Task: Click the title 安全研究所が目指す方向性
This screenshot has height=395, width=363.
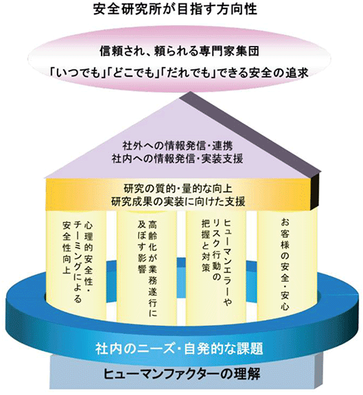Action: click(175, 9)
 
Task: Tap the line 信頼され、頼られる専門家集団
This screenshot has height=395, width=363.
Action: click(179, 51)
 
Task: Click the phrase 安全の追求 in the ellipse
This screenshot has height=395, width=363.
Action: click(279, 73)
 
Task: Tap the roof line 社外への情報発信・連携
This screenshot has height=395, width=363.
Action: click(178, 145)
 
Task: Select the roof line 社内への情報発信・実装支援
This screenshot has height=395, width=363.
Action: click(178, 158)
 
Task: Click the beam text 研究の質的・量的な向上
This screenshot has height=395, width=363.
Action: click(178, 189)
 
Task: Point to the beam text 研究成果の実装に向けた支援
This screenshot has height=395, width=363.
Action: click(178, 202)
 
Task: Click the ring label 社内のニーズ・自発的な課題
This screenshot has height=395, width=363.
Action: click(179, 348)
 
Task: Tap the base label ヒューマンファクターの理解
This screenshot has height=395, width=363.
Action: click(181, 374)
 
